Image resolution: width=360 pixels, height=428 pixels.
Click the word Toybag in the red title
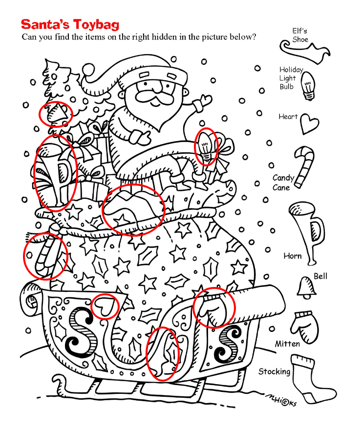96,24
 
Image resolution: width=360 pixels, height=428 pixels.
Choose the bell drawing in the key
307,287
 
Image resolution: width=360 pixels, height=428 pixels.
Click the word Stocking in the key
274,372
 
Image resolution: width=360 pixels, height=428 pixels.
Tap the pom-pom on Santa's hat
88,70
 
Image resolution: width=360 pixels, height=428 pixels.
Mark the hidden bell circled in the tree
57,114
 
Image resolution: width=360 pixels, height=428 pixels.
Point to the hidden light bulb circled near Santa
206,146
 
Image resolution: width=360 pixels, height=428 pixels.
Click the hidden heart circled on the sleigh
104,306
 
